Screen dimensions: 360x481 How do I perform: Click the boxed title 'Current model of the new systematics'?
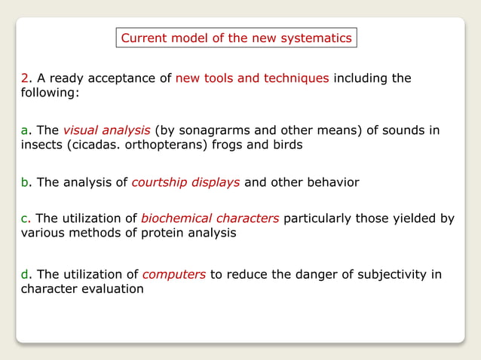[x=236, y=38]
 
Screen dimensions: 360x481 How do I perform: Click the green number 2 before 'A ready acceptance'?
[x=24, y=79]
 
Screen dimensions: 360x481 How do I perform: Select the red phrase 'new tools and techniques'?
[x=252, y=79]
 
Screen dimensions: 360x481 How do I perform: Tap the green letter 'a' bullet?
[x=24, y=131]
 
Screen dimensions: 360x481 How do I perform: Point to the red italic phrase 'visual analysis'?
[x=106, y=131]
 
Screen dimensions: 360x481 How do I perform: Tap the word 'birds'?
[x=286, y=145]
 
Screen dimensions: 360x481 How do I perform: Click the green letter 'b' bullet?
[x=24, y=182]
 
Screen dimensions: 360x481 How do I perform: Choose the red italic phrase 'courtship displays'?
[x=186, y=182]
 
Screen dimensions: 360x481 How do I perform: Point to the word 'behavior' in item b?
[x=333, y=182]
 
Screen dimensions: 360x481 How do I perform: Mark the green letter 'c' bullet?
[x=24, y=218]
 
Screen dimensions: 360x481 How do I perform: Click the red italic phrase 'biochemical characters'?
[x=210, y=218]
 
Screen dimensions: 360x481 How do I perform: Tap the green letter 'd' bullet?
[x=24, y=274]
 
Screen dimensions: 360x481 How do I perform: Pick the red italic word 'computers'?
[x=174, y=274]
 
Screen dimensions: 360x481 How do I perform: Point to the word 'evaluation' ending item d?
[x=113, y=288]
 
